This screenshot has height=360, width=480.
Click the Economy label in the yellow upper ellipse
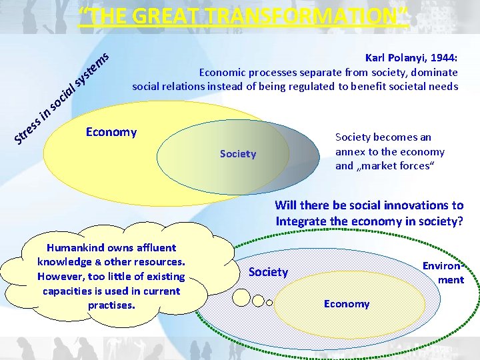click(111, 132)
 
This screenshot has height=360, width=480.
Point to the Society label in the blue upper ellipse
click(238, 154)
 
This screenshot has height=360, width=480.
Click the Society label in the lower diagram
click(268, 271)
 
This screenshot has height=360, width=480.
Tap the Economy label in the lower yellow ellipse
click(347, 304)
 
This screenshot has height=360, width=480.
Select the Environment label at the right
click(444, 273)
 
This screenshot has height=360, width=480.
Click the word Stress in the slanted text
click(29, 131)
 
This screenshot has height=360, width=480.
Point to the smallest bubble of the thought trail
click(269, 302)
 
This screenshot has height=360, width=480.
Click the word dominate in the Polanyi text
click(435, 72)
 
